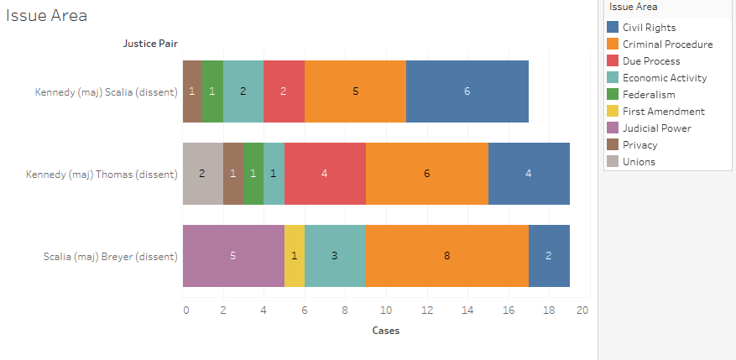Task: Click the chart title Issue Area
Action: [47, 16]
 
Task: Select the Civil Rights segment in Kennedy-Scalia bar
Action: [467, 91]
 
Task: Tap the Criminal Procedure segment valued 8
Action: [446, 256]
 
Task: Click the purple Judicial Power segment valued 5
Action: [233, 256]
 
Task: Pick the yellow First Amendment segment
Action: [295, 256]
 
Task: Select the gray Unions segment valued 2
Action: [202, 174]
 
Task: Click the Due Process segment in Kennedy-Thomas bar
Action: [325, 174]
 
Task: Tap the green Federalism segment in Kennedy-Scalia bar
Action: [212, 91]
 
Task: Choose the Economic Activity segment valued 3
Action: [335, 256]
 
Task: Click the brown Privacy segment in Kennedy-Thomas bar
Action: [232, 174]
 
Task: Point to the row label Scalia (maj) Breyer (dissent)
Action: [111, 257]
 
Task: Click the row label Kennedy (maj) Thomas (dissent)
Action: [102, 175]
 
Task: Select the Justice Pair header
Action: [150, 44]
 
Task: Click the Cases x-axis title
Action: [385, 331]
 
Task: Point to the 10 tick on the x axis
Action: [385, 310]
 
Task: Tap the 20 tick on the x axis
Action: [582, 310]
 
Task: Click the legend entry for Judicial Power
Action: [657, 128]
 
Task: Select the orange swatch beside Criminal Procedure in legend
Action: [613, 44]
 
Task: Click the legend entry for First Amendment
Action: [663, 112]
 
